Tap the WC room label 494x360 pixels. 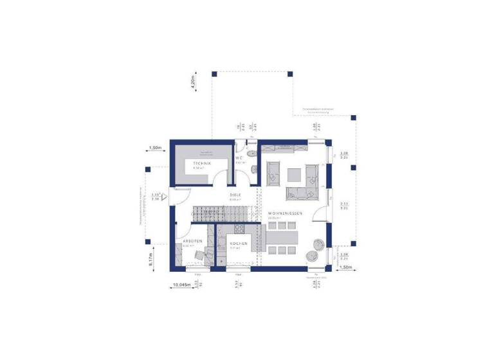[238, 157]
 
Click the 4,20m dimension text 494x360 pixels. [194, 84]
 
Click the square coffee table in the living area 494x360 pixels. [295, 173]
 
